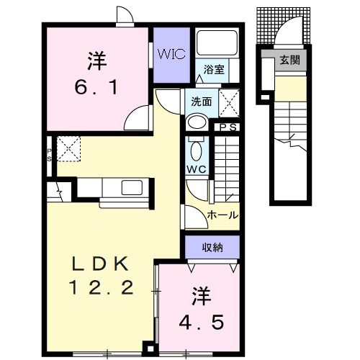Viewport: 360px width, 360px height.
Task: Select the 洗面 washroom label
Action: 201,102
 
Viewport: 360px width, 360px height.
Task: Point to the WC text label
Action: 197,169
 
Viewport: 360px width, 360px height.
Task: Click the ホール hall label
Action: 222,215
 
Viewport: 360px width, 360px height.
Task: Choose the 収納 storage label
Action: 212,247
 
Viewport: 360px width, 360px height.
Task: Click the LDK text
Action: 102,262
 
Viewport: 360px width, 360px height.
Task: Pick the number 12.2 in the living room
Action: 102,288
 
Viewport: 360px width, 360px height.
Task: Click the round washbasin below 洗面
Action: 195,122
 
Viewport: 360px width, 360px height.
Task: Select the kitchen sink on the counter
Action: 132,189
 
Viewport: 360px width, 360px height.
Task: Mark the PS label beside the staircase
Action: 229,127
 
